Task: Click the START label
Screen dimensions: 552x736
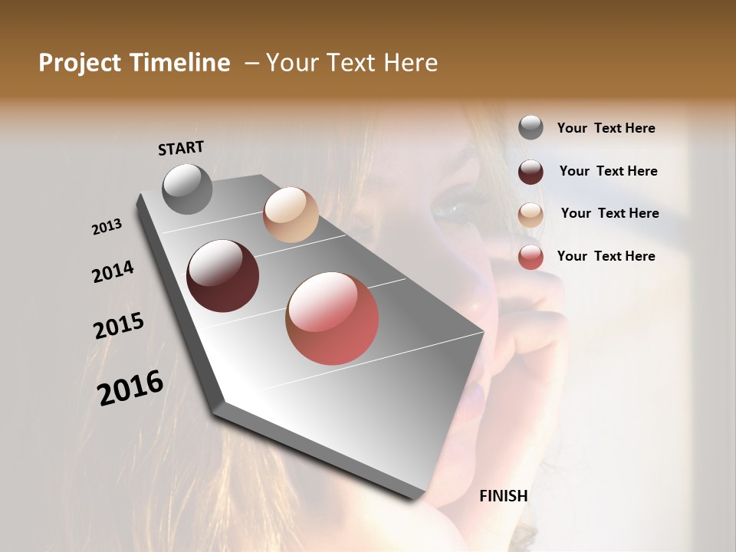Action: (182, 147)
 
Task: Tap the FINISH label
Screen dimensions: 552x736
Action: (503, 496)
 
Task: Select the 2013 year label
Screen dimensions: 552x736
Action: (107, 227)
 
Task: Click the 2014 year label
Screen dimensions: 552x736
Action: (113, 271)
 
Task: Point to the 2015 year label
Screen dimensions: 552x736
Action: (119, 326)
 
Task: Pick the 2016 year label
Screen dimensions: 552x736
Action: (130, 387)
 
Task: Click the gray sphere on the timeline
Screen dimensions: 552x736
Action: (188, 189)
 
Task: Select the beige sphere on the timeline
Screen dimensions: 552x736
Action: (291, 215)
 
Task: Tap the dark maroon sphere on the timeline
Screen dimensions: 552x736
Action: (222, 276)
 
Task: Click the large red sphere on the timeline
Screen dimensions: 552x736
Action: (332, 318)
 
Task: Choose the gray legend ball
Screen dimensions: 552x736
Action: (531, 127)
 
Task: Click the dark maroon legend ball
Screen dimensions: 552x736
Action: (531, 172)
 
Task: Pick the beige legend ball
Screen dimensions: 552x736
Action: (531, 215)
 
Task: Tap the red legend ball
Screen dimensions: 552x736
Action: (531, 257)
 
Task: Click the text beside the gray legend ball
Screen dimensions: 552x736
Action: (606, 128)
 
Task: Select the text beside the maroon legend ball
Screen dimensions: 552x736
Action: (608, 171)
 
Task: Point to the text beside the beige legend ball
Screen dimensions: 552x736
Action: (609, 213)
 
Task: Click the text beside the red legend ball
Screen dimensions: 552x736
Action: (606, 256)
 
